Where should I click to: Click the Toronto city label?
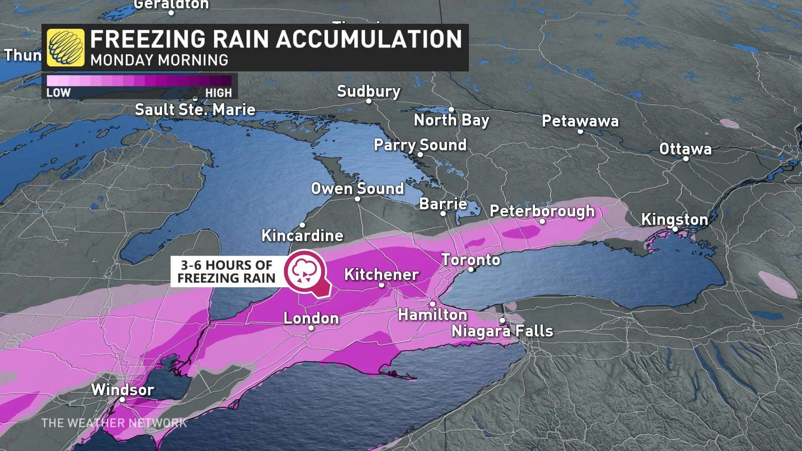coord(471,260)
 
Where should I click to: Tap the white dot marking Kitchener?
coord(381,285)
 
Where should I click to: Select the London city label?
coord(311,318)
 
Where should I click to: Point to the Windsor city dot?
coord(122,400)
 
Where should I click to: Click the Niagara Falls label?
coord(502,331)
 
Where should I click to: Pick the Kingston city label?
coord(674,219)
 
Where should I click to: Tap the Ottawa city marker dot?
coord(685,159)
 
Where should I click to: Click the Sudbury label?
coord(368,91)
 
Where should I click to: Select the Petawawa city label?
coord(580,121)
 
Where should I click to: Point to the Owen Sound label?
coord(358,189)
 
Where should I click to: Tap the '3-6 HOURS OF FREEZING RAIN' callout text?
coord(226,271)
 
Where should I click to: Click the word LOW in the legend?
coord(58,93)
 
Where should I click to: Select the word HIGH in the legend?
coord(218,93)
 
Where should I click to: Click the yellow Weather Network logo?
coord(65,47)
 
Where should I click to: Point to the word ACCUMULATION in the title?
coord(369,39)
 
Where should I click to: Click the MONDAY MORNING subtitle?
coord(159,61)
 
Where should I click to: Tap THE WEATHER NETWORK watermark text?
coord(114,423)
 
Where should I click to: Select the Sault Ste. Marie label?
coord(195,110)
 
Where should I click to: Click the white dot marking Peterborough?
coord(542,221)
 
